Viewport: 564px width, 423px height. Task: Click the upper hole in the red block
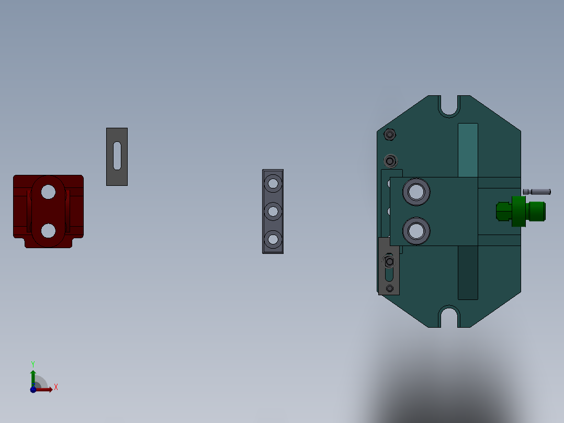(48, 192)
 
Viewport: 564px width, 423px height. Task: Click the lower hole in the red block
(48, 230)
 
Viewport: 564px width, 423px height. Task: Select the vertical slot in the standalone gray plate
(117, 156)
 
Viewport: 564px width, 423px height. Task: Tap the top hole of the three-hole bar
(273, 183)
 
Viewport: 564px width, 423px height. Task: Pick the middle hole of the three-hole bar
(273, 211)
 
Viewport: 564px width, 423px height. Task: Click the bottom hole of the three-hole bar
(273, 239)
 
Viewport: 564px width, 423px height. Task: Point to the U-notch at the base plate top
(449, 106)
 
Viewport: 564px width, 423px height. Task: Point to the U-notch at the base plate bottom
(449, 317)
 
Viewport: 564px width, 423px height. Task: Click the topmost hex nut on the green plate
(389, 135)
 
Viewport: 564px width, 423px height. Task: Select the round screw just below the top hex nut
(390, 160)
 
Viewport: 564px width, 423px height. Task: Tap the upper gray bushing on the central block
(416, 192)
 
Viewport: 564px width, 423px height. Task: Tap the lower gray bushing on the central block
(416, 230)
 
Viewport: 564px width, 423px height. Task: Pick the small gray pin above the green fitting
(536, 192)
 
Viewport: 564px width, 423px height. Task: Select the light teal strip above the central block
(468, 150)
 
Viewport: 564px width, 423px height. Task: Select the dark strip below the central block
(468, 273)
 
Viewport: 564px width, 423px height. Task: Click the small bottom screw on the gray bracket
(389, 288)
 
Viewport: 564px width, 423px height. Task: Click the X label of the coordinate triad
(56, 387)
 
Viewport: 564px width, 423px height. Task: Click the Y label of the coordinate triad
(32, 363)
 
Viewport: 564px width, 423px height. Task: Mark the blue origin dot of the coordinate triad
(33, 389)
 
